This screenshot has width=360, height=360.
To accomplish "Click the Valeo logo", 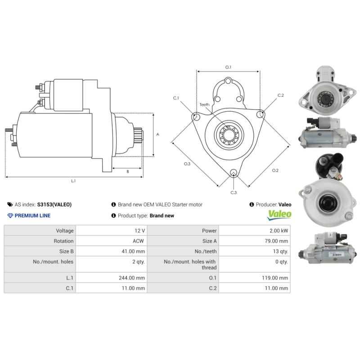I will pyautogui.click(x=279, y=215).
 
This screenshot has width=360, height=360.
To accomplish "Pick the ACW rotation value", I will pyautogui.click(x=138, y=241).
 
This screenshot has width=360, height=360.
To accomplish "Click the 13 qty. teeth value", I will pyautogui.click(x=279, y=252).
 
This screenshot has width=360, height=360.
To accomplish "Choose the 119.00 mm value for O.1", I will pyautogui.click(x=274, y=278).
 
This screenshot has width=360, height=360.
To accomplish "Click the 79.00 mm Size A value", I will pyautogui.click(x=275, y=241).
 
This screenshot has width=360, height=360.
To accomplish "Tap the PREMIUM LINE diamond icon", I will pyautogui.click(x=10, y=216).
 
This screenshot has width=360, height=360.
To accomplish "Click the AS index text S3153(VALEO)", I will pyautogui.click(x=54, y=204).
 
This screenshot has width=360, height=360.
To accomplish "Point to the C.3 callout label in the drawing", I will pyautogui.click(x=234, y=193).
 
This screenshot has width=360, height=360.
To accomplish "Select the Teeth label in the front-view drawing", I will pyautogui.click(x=204, y=105).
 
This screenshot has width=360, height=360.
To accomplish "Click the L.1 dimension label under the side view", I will pyautogui.click(x=73, y=181).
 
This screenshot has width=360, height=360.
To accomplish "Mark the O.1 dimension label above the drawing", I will pyautogui.click(x=228, y=67).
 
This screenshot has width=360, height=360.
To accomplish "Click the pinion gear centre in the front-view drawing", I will pyautogui.click(x=228, y=135).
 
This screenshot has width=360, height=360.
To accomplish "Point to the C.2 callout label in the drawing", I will pyautogui.click(x=281, y=95).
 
